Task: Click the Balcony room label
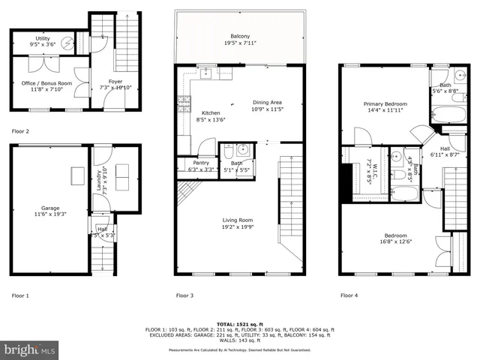pos(240,36)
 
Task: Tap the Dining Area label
pos(267,103)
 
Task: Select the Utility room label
pos(43,38)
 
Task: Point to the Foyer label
pos(115,81)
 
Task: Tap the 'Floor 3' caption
pos(184,295)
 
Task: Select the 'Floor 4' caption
pos(349,295)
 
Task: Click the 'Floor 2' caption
pos(20,131)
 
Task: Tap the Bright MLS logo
pos(30,349)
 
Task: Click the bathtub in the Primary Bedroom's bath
pos(448,115)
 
